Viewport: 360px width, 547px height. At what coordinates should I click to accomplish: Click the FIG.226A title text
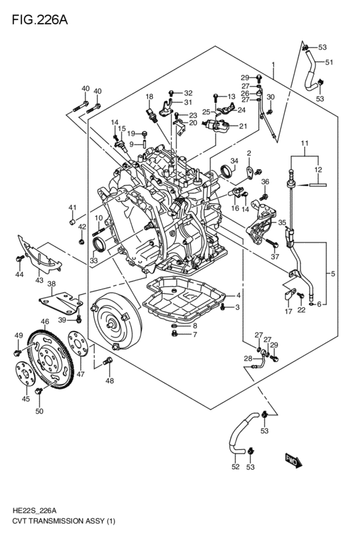click(40, 20)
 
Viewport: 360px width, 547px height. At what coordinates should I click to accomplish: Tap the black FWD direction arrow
click(293, 461)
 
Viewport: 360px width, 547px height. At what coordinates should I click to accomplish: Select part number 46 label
click(45, 321)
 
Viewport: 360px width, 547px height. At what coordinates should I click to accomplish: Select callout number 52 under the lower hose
click(235, 467)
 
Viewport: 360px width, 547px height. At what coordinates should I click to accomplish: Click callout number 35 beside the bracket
click(282, 222)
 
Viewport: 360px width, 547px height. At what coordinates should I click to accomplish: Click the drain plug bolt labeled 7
click(175, 334)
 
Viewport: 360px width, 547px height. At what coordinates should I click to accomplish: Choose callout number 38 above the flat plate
click(51, 284)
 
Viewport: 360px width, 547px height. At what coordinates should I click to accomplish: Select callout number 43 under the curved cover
click(39, 280)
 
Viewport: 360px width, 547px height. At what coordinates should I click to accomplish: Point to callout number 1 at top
click(273, 64)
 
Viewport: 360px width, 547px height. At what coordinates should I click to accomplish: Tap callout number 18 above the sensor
click(149, 96)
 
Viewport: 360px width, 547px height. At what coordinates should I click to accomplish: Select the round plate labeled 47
click(78, 344)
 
